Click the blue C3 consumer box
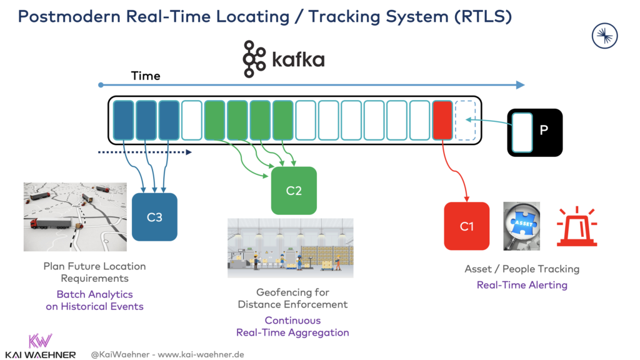[154, 217]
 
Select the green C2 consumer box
[294, 191]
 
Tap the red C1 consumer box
[466, 226]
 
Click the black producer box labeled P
[534, 132]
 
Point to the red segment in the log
[442, 120]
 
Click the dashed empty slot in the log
[465, 120]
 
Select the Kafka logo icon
[254, 59]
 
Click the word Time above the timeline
[146, 76]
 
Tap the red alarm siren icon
[576, 226]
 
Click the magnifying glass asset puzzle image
[521, 226]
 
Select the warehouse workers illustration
[290, 247]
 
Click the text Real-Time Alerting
[522, 285]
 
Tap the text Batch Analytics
[94, 294]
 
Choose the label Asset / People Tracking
[522, 269]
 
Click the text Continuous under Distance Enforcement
[292, 320]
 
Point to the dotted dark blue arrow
[144, 151]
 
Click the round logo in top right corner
[604, 36]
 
